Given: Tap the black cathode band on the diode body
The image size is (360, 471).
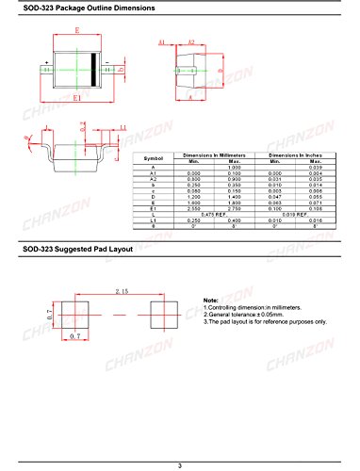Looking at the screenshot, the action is [92, 68].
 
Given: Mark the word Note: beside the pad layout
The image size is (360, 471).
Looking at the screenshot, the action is [211, 300].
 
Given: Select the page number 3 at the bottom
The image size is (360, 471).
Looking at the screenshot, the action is [179, 465].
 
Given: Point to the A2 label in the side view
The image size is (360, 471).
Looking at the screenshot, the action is [190, 42].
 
